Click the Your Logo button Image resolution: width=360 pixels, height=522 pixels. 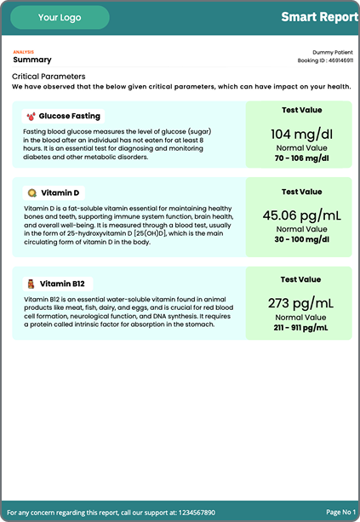[60, 17]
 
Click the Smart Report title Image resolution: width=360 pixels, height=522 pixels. [319, 17]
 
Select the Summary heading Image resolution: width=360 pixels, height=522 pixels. [32, 60]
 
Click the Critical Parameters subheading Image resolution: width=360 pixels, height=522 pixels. [49, 77]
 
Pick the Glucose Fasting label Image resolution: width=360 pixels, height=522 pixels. [69, 116]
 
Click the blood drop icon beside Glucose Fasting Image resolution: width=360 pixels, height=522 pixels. [31, 116]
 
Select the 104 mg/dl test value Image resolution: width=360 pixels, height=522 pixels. [301, 134]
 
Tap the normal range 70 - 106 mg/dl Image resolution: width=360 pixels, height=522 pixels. [301, 158]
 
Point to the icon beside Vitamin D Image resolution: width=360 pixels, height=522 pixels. [31, 193]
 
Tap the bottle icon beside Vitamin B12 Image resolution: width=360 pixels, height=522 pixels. [31, 284]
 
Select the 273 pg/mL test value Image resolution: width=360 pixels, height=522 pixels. [301, 302]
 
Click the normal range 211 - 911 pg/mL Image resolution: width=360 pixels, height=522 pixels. [301, 327]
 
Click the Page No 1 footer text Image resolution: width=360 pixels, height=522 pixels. [340, 513]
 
